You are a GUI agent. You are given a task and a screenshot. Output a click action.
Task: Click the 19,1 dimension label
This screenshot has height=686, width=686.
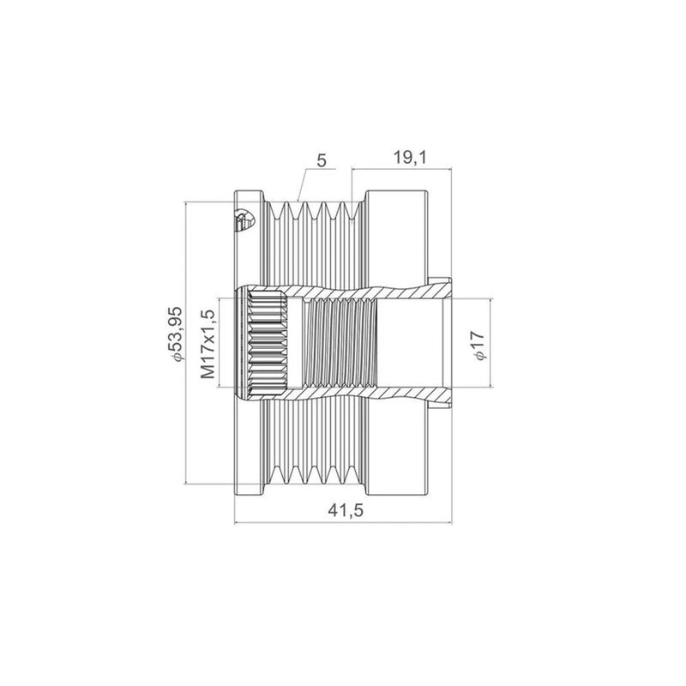tap(410, 158)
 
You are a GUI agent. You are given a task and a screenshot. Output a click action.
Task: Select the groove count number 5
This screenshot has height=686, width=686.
tap(322, 160)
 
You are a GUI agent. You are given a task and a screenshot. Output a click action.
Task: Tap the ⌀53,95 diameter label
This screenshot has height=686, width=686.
tap(175, 334)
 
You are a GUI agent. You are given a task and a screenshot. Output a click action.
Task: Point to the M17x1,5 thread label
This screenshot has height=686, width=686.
tap(208, 344)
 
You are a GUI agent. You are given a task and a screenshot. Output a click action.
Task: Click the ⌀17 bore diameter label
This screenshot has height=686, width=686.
tap(478, 346)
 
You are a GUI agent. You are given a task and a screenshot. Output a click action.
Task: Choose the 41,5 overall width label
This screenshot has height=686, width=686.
tap(346, 510)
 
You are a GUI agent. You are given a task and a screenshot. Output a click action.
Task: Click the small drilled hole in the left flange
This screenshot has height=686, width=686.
tap(242, 220)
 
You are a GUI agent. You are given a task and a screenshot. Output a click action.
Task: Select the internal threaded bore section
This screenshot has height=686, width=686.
tap(339, 343)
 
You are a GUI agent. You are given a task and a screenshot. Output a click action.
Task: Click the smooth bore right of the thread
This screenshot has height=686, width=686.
tap(409, 343)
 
